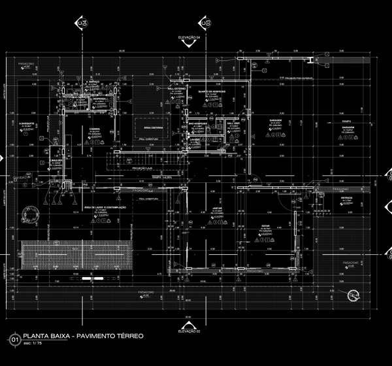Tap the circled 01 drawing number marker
pos(14,339)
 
